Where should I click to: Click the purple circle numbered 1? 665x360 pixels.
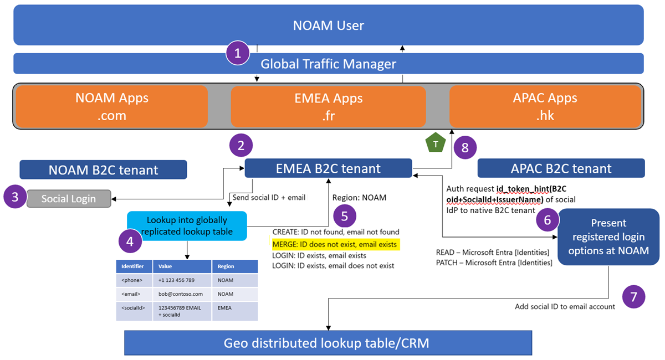[238, 54]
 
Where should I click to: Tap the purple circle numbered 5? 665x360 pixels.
[345, 216]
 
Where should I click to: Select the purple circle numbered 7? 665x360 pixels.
[634, 296]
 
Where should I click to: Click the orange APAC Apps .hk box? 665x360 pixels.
[545, 107]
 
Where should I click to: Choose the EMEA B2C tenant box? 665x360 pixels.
[328, 168]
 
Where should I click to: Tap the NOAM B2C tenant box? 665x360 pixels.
[103, 170]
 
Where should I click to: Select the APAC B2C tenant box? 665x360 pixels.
[561, 168]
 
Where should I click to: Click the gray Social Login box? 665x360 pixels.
[68, 198]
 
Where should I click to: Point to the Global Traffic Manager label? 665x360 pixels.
[329, 64]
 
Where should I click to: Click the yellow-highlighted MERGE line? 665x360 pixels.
[335, 244]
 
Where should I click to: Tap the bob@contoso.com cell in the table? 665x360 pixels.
[181, 294]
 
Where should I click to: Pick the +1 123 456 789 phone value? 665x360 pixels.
[177, 280]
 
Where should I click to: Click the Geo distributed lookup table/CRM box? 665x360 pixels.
[328, 343]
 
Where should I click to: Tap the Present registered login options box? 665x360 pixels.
[608, 236]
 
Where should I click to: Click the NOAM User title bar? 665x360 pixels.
[329, 25]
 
